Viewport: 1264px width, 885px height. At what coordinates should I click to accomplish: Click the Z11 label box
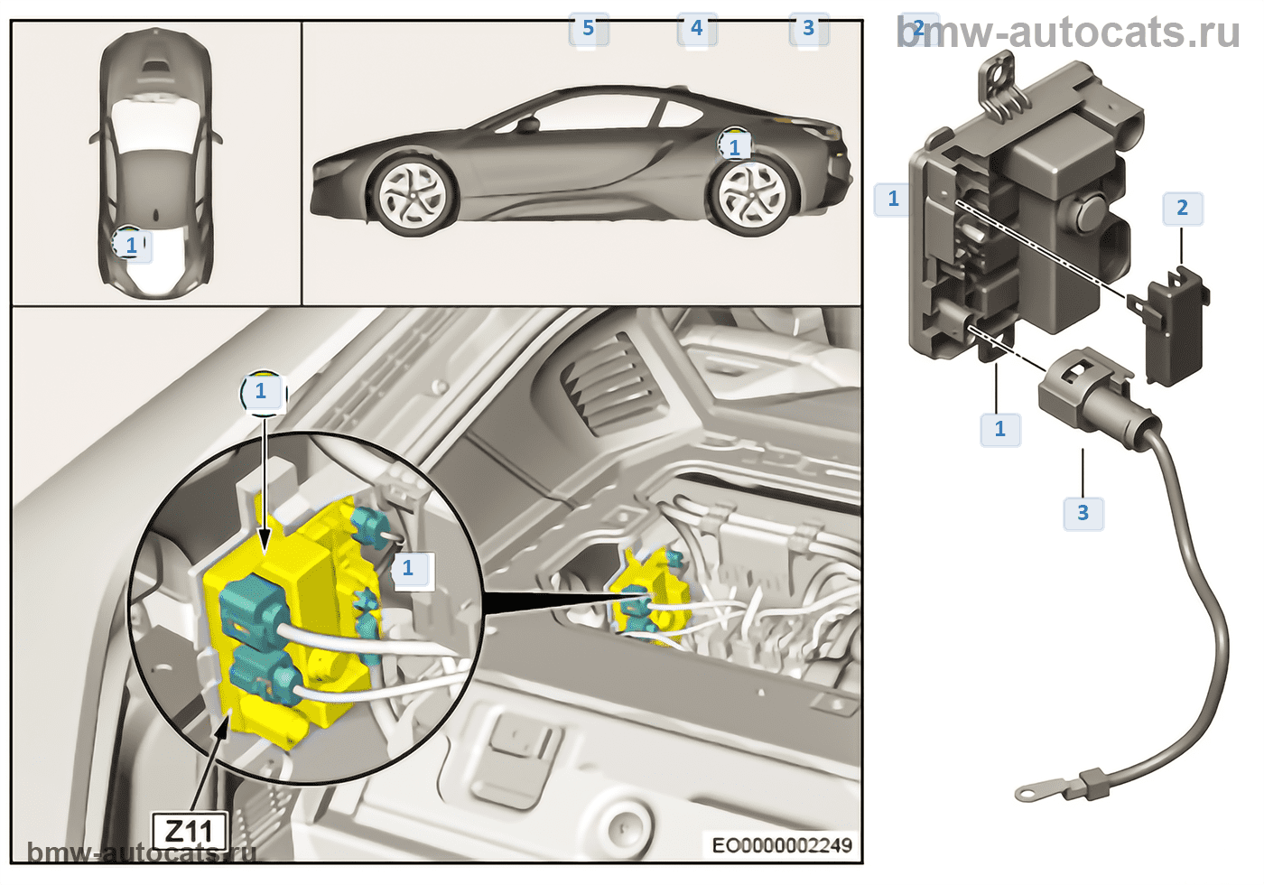(x=190, y=829)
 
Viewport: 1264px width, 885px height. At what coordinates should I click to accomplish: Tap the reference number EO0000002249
(x=782, y=845)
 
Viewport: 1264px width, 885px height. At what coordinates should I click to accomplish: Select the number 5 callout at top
(x=588, y=29)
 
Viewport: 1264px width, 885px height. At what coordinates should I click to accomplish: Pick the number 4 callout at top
(x=696, y=29)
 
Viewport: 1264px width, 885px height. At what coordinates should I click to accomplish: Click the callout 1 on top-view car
(x=132, y=245)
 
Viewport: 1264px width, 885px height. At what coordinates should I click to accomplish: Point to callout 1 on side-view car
(x=735, y=147)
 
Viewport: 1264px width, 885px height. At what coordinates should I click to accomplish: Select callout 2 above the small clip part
(x=1182, y=209)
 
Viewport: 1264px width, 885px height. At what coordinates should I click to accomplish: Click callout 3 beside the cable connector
(x=1083, y=513)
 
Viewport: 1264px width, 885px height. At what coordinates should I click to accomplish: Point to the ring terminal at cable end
(x=1028, y=794)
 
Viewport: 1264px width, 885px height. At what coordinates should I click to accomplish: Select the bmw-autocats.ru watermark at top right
(x=1070, y=33)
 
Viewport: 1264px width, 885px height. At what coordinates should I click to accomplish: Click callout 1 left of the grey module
(x=894, y=199)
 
